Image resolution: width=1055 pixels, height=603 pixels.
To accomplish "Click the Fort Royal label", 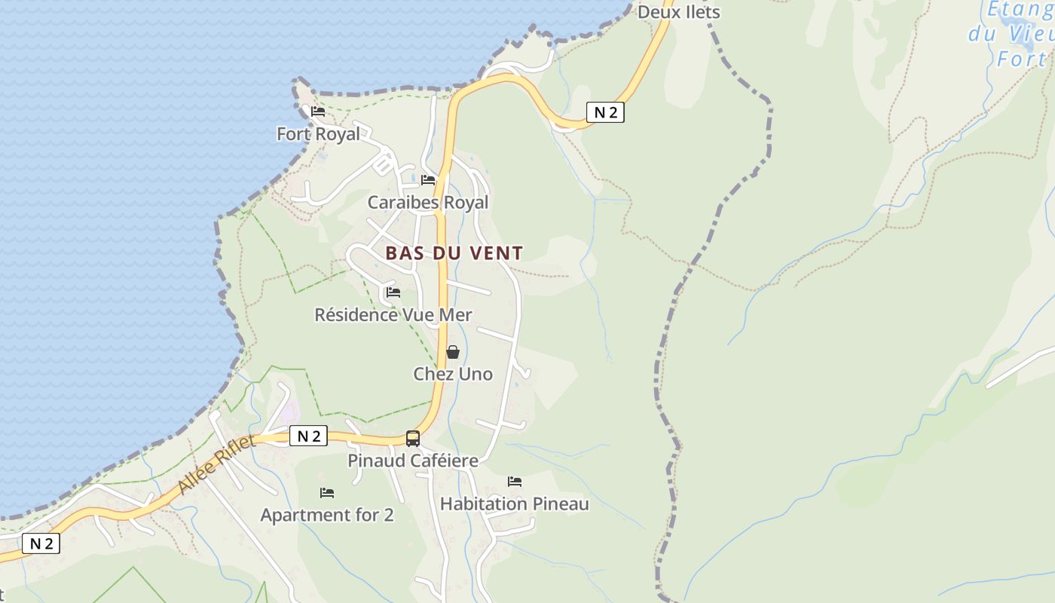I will [x=318, y=134].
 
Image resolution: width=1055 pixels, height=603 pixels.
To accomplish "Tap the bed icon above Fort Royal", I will [x=318, y=112].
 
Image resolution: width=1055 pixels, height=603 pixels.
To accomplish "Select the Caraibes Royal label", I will [x=427, y=202].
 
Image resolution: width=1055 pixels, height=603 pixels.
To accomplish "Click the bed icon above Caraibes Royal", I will [x=428, y=179].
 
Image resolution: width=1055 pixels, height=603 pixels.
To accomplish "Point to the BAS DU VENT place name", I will [x=454, y=253].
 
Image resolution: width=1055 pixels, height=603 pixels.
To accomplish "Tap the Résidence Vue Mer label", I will [x=393, y=314].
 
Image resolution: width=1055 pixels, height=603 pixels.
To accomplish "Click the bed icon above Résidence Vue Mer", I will [x=393, y=292].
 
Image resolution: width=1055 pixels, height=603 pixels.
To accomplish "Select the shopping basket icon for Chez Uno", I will [x=453, y=351].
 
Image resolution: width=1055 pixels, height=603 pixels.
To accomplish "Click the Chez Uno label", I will [x=453, y=374].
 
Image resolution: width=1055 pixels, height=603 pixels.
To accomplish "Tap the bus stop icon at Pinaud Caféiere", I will [x=413, y=438].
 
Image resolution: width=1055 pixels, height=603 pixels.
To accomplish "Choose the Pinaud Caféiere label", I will [x=413, y=461].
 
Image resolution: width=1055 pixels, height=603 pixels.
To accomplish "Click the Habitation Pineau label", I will [x=514, y=504].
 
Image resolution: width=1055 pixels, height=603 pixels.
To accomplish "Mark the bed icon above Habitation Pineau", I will [x=515, y=481].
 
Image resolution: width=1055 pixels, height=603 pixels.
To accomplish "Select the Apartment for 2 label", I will [x=327, y=515].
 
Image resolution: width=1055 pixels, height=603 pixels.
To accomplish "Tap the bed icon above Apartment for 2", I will [x=327, y=492].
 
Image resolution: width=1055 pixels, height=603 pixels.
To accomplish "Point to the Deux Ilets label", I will [x=679, y=12].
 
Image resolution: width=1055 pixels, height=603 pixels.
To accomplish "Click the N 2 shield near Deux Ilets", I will [x=605, y=113].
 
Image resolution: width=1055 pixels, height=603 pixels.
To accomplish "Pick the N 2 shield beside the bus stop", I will [x=309, y=436].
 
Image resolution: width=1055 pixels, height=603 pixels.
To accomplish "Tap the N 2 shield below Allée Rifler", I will [x=41, y=543].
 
